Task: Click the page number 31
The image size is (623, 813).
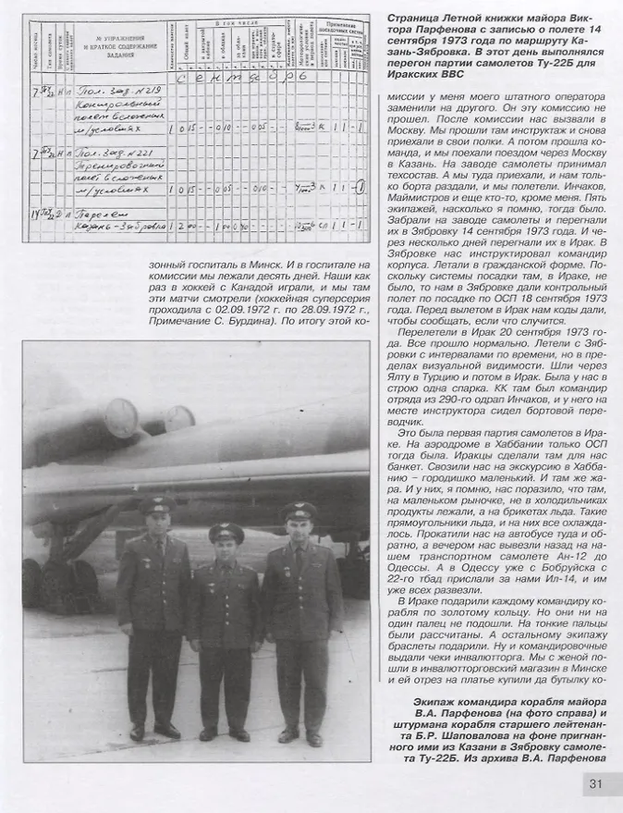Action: [x=596, y=787]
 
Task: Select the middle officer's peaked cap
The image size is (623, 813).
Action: [x=226, y=533]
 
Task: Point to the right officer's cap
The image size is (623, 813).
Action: [x=299, y=510]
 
